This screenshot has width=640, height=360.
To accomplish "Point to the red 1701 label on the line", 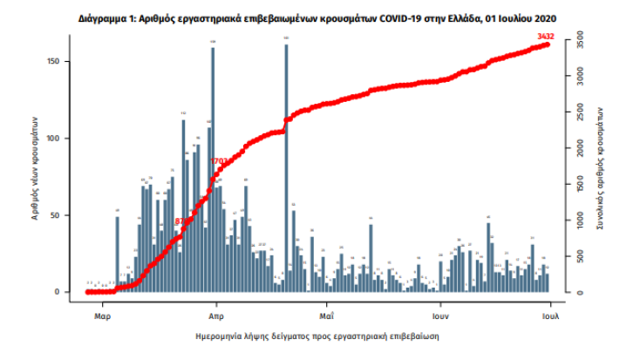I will click(220, 161).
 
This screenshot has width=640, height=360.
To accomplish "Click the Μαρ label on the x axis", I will click(101, 310).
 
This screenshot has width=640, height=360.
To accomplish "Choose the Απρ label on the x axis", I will click(219, 310).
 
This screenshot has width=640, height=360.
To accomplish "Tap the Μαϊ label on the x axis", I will click(328, 310).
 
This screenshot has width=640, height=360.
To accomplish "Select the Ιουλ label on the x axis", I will click(551, 310).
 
